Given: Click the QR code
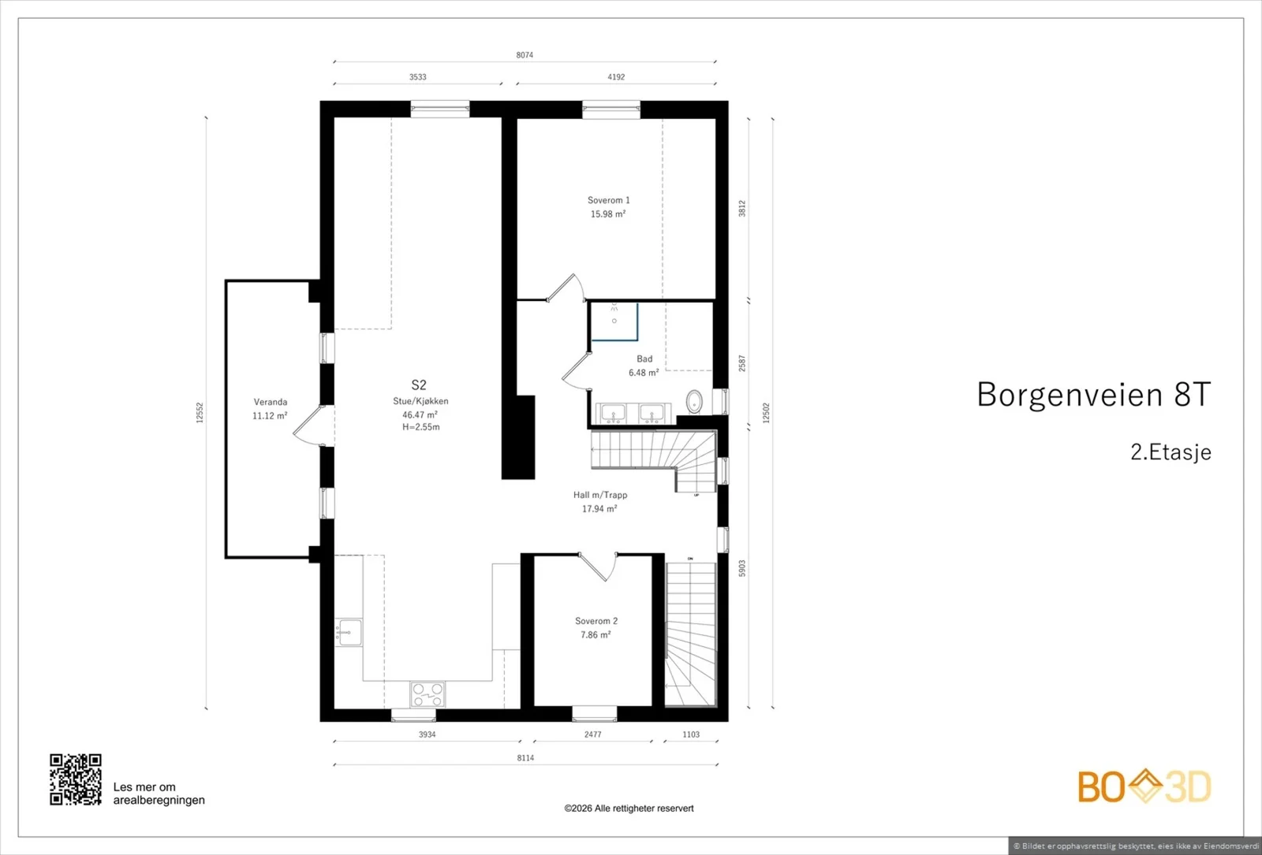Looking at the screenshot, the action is coord(76,779).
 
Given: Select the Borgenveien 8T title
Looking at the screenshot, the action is coord(1093,394).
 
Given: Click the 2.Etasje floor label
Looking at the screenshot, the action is coord(1171,452).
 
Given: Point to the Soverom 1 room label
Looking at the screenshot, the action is coord(608,200).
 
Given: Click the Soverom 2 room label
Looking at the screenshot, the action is coord(596,621).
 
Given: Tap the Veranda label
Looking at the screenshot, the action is coord(271,402).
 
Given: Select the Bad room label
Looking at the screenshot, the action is coord(644,359).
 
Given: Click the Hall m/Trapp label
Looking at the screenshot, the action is coord(600,495).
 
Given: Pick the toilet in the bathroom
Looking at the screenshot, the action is coord(694,402).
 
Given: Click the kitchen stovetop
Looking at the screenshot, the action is coord(428,694).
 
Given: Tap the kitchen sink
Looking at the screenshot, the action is coord(349,632).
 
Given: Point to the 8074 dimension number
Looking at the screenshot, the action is coord(525,55).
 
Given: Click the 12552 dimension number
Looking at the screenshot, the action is coord(200,413).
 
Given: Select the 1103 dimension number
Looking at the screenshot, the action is coord(691,734).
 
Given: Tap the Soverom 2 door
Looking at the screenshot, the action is coord(599,567).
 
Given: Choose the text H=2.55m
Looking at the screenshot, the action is coord(421,427).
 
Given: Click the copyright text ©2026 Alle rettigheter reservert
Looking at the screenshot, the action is coord(629,809).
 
